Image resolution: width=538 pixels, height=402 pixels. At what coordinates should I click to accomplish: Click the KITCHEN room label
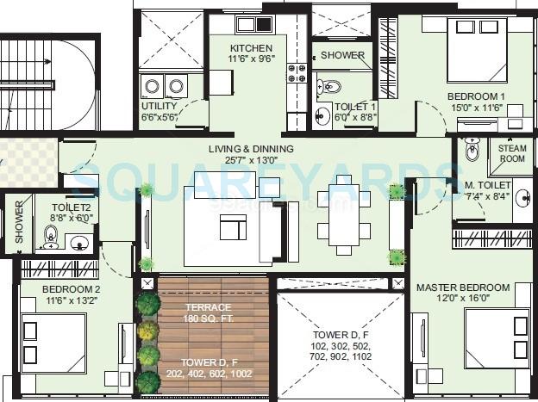coord(251,48)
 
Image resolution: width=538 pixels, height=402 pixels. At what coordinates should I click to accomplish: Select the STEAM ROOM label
coord(511,152)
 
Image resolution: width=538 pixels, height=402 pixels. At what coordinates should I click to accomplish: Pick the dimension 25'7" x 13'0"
coord(251,161)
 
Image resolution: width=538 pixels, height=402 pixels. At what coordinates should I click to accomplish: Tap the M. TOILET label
coord(489,186)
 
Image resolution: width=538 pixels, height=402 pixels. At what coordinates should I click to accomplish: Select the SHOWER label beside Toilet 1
coord(342,56)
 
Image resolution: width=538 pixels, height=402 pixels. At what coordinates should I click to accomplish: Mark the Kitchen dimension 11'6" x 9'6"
coord(251,60)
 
